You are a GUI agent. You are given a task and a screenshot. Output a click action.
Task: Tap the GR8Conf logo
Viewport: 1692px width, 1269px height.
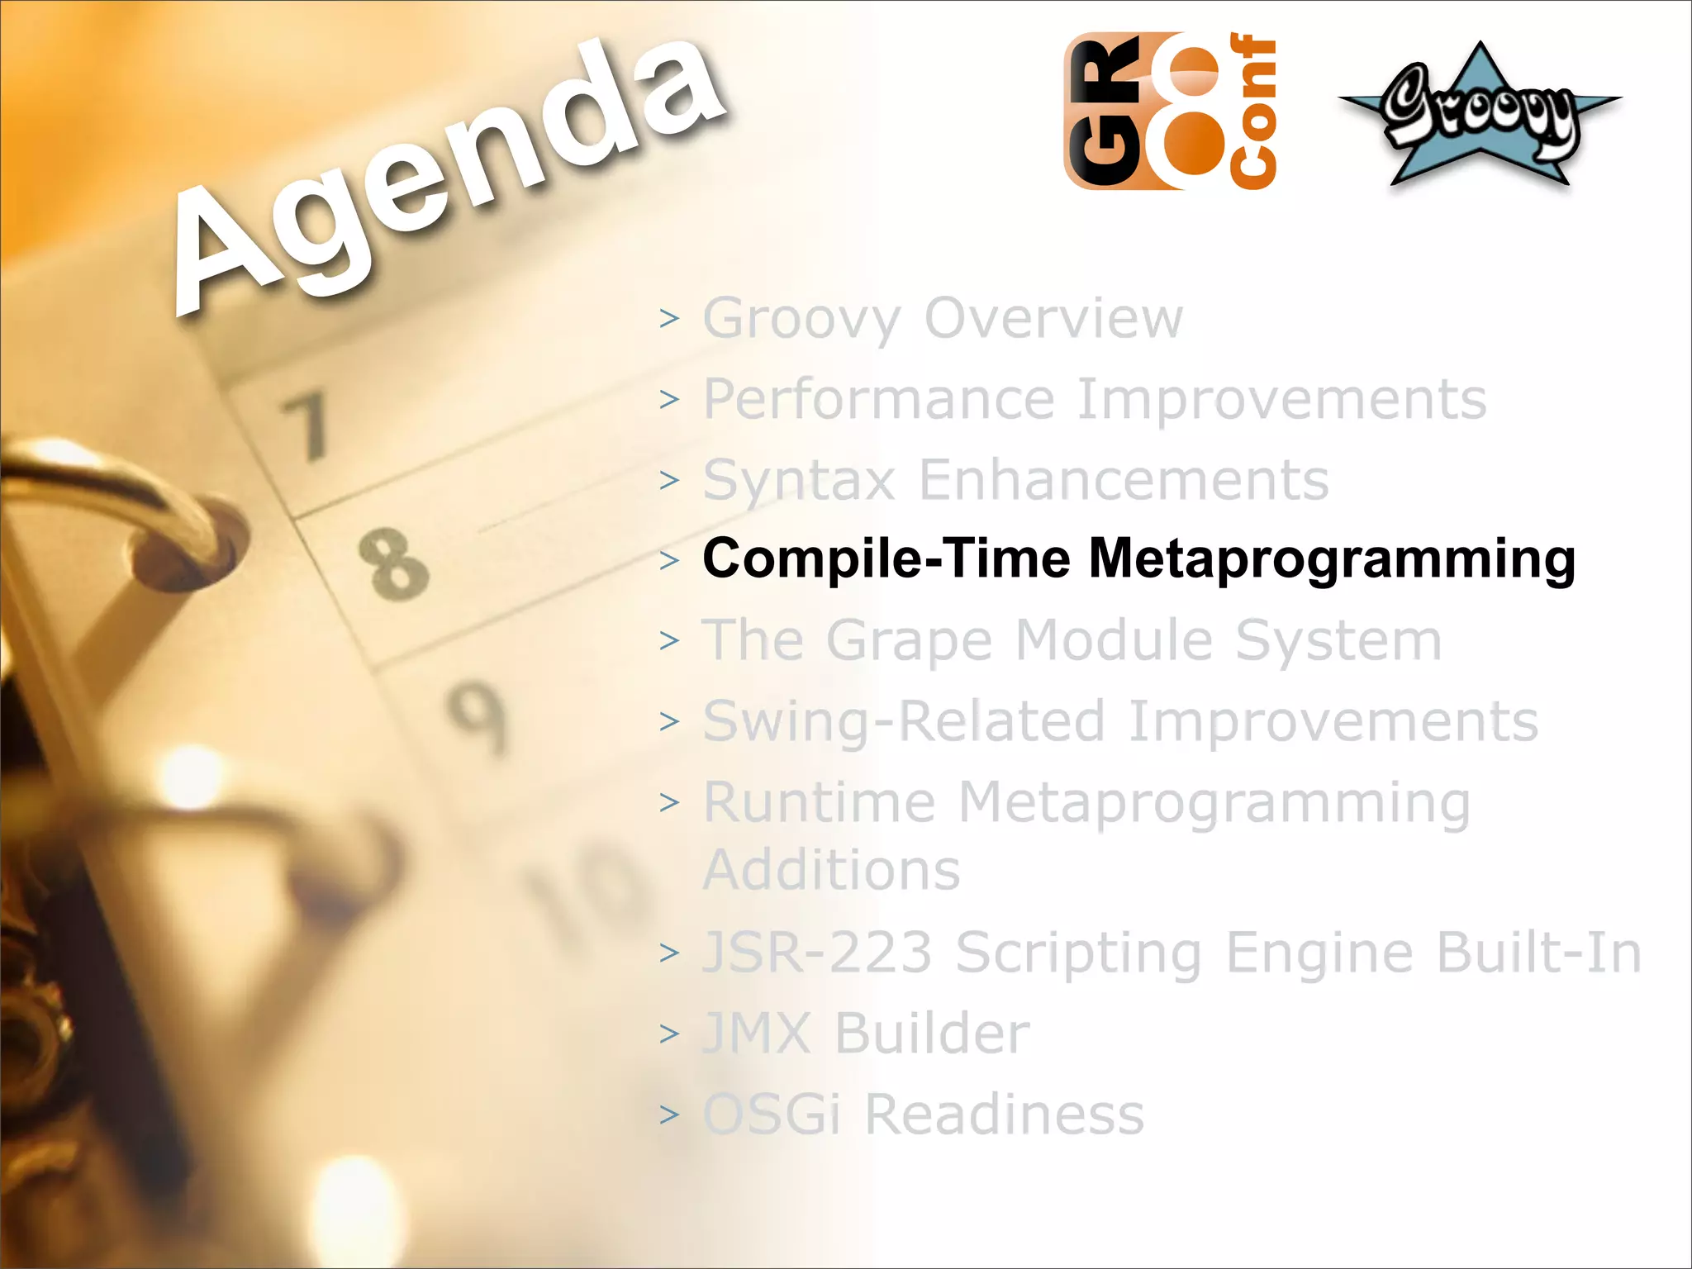[x=1170, y=112]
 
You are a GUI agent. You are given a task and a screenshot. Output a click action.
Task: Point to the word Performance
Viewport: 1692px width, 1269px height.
[x=878, y=399]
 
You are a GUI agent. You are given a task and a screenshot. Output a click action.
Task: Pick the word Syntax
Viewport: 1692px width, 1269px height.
[x=798, y=481]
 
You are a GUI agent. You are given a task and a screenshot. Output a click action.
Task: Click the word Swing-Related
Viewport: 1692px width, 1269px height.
[x=903, y=721]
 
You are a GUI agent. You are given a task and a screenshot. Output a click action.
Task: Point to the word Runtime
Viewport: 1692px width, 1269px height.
[x=819, y=802]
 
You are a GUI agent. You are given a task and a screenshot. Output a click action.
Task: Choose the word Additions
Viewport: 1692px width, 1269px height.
[x=831, y=869]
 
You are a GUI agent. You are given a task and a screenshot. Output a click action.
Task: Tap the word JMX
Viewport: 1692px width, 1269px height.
[x=757, y=1033]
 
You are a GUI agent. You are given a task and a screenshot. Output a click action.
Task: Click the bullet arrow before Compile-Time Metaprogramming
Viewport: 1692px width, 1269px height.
[x=669, y=560]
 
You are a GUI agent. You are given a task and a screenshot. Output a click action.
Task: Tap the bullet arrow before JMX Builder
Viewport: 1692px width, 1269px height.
[x=669, y=1034]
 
